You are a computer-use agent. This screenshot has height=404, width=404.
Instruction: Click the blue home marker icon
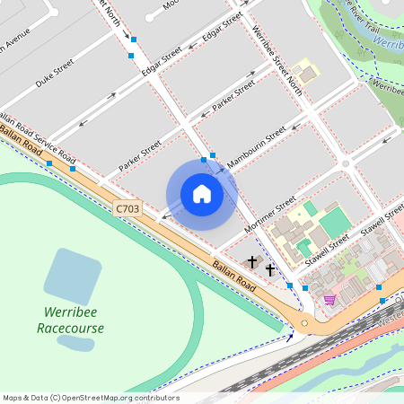point(202,193)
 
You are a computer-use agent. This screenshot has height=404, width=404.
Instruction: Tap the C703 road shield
point(128,208)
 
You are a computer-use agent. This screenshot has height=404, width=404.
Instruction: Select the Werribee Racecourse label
point(71,321)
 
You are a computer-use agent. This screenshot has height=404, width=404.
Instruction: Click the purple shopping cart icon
point(329,299)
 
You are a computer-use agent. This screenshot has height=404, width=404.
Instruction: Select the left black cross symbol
point(252,262)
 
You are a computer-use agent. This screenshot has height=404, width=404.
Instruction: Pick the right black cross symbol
point(269,268)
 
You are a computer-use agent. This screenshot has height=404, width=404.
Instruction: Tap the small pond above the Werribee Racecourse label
point(75,342)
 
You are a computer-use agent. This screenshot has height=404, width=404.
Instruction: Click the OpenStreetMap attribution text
point(91,398)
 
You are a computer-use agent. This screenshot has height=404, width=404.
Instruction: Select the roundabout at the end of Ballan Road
point(308,321)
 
